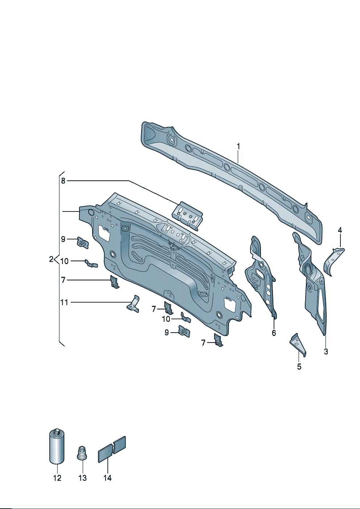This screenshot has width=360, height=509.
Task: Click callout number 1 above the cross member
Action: click(x=238, y=147)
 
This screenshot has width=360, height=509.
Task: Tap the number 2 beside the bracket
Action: click(x=51, y=259)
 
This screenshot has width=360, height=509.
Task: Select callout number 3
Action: click(x=326, y=352)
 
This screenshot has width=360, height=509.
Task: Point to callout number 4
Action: click(x=340, y=230)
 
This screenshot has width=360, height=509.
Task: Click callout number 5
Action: click(x=299, y=366)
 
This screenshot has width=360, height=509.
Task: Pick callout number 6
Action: click(x=274, y=333)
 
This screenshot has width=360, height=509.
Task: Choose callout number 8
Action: click(x=63, y=181)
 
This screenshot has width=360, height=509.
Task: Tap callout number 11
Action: click(x=64, y=303)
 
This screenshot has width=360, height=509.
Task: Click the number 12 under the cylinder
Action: click(x=57, y=478)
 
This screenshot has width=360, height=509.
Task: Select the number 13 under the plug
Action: click(x=82, y=478)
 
